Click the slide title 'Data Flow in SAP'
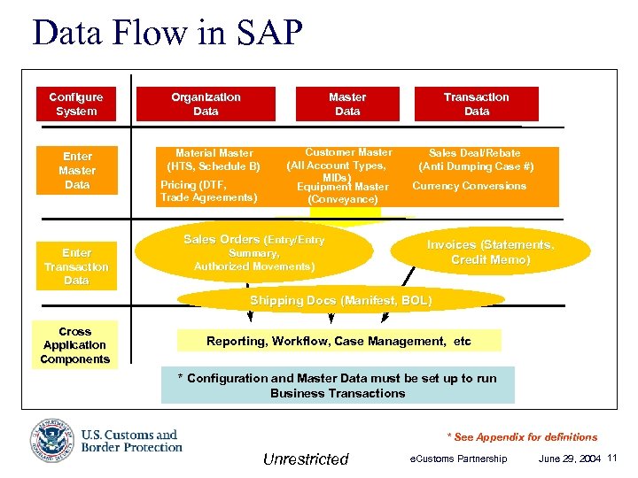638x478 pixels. tap(167, 34)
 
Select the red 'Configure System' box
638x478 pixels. tap(75, 104)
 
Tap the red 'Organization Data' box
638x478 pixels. tap(206, 104)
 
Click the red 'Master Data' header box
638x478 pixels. tap(347, 104)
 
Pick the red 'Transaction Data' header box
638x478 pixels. tap(476, 104)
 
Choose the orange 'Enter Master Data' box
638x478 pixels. tap(76, 170)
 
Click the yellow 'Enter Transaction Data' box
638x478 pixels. tap(76, 266)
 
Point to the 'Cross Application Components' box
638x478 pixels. tap(74, 345)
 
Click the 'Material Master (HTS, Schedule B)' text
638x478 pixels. tap(214, 159)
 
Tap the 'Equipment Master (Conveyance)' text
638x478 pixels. tap(343, 193)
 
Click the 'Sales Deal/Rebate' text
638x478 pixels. tap(476, 153)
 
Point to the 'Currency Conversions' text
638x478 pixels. tap(469, 186)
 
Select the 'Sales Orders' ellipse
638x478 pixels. tap(253, 252)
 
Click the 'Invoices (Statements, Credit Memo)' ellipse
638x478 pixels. tap(490, 252)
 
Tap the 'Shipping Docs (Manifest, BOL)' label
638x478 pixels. tap(341, 301)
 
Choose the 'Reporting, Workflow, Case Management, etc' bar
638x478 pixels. tap(338, 341)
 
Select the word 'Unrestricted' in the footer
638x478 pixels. tap(306, 459)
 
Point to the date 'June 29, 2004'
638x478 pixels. tap(569, 459)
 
